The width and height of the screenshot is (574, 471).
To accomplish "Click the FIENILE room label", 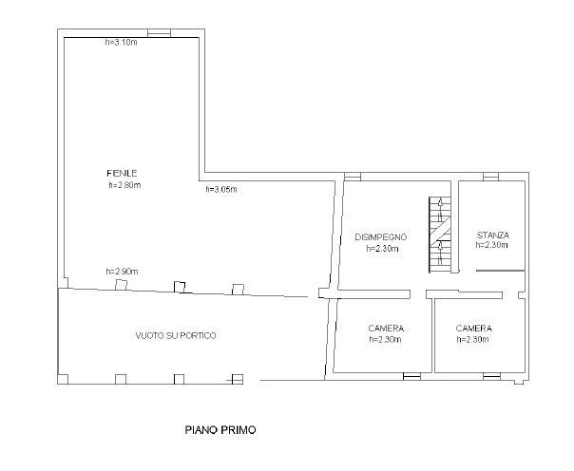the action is point(122,173).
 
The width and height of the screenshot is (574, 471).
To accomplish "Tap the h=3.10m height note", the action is point(122,43).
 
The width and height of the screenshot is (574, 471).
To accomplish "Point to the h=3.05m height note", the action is point(221,189).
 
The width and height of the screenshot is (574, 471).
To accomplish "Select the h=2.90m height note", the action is point(122,272).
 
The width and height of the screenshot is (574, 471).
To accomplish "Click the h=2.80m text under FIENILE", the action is point(124,185).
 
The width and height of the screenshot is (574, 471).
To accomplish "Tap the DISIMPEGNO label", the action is point(381,237).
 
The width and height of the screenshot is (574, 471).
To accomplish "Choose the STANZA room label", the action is point(493,235).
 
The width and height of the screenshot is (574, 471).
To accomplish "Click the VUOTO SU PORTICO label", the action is point(176,335).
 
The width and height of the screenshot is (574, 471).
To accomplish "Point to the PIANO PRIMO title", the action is point(220,429).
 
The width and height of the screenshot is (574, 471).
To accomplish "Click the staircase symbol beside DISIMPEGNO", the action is point(440,235).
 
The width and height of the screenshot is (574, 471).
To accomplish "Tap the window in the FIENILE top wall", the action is point(160,33).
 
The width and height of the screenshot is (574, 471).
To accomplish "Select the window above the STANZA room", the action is point(490,177).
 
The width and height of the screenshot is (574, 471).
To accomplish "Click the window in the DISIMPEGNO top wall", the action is point(353,177).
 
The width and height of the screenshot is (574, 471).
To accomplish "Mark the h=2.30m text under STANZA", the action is point(491,245).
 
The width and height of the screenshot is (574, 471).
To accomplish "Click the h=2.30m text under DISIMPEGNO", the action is point(383,249).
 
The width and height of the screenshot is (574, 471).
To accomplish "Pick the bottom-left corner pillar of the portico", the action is point(63,379).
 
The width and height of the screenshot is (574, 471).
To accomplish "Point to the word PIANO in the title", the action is point(201,429).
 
